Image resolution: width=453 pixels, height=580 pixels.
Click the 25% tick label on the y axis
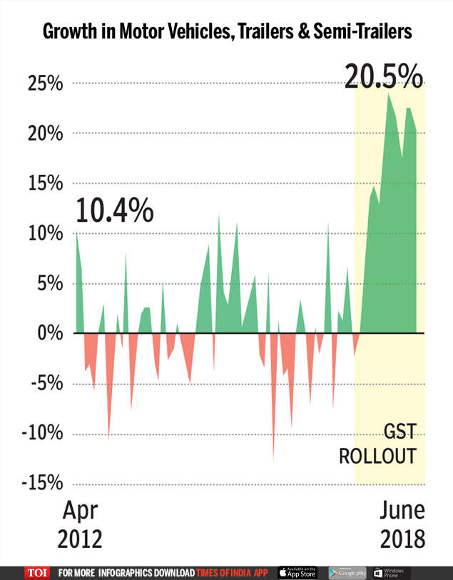click(x=45, y=84)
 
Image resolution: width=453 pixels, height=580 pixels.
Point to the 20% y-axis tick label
click(x=45, y=134)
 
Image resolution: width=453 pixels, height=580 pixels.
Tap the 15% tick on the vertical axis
click(x=45, y=184)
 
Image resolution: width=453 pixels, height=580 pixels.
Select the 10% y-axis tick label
click(x=45, y=234)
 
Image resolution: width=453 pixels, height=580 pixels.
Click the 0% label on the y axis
click(x=50, y=334)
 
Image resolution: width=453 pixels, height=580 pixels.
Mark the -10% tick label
click(x=41, y=434)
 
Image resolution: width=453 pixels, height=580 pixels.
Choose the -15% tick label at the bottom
click(x=41, y=484)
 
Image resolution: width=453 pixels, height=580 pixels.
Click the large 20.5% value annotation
click(x=383, y=75)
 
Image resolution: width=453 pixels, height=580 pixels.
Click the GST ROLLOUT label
click(x=377, y=444)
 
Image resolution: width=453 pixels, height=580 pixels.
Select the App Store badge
click(x=297, y=573)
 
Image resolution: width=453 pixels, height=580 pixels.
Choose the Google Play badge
click(x=347, y=573)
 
